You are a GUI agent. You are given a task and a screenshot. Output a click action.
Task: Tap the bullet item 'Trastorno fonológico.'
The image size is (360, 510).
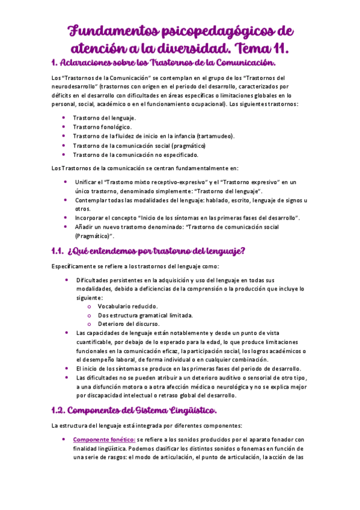[102, 127]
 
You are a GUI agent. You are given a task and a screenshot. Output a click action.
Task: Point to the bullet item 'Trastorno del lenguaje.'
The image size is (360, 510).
[105, 117]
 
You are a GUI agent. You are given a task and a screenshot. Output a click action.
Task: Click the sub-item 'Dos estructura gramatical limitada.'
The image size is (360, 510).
[145, 315]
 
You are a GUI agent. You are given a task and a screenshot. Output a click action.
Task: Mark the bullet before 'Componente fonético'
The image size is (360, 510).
[64, 440]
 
